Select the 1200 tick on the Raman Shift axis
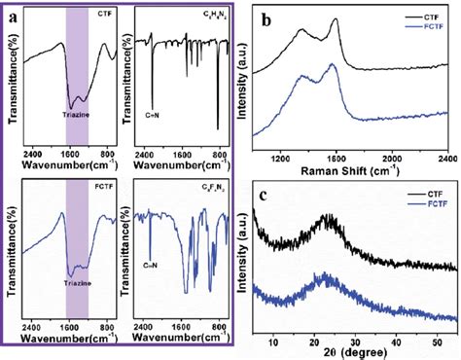point(283,160)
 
